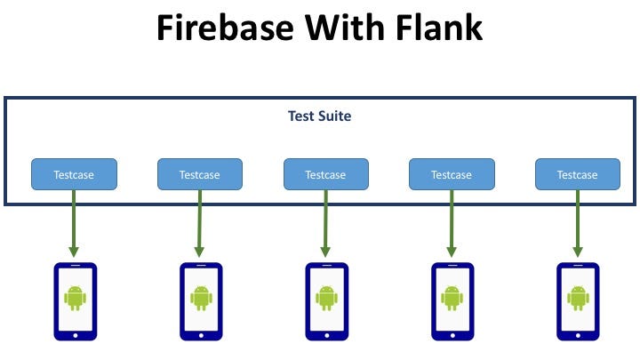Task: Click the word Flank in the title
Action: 433,28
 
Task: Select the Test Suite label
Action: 319,116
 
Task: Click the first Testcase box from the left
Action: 75,174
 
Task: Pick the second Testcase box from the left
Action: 200,174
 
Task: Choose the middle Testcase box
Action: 326,174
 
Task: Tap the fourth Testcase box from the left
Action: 452,174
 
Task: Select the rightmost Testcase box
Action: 578,174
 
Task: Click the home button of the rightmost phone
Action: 578,335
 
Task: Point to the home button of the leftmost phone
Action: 75,335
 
